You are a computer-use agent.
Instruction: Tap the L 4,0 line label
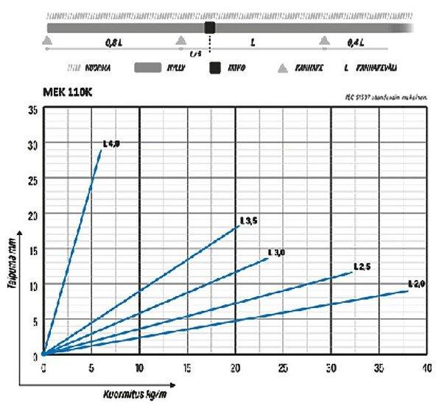click(110, 144)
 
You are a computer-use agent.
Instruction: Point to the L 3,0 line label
click(277, 253)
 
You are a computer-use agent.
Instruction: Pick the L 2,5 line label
click(361, 266)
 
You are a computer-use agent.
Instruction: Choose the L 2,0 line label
click(417, 284)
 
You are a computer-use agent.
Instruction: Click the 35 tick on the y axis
click(32, 111)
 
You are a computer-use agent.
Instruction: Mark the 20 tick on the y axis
click(32, 215)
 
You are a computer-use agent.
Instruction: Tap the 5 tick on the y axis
click(34, 320)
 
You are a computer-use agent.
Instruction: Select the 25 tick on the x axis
click(283, 367)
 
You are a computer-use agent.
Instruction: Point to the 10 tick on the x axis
click(139, 367)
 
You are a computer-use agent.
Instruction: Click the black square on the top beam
click(210, 27)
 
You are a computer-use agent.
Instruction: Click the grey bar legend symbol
click(148, 68)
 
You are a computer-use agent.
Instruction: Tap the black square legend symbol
click(215, 68)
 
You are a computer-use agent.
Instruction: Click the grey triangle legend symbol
click(281, 68)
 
